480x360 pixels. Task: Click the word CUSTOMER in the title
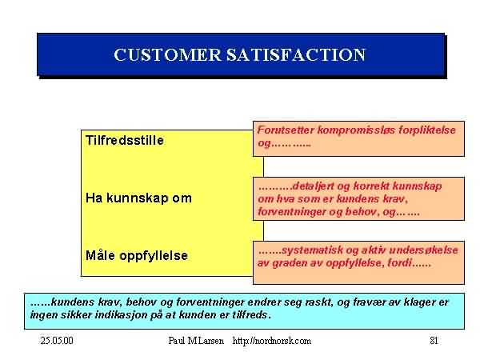click(x=167, y=55)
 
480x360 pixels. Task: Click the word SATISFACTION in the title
click(x=296, y=55)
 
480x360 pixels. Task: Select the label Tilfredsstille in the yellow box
click(x=125, y=141)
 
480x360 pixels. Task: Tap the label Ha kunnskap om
click(x=138, y=198)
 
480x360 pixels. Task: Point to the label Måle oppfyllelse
click(x=137, y=256)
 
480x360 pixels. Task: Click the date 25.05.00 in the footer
click(x=57, y=341)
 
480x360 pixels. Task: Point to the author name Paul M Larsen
click(x=196, y=341)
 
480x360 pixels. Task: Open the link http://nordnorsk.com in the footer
click(x=272, y=341)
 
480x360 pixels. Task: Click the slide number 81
click(x=434, y=341)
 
